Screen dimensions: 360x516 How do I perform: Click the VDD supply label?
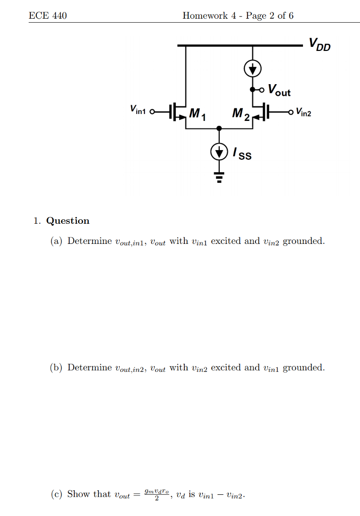pyautogui.click(x=320, y=44)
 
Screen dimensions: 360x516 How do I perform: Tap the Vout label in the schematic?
pyautogui.click(x=279, y=90)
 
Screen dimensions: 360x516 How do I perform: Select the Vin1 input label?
pyautogui.click(x=138, y=109)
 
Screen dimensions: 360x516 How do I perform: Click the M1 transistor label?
pyautogui.click(x=197, y=114)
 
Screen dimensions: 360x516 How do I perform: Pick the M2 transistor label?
pyautogui.click(x=241, y=114)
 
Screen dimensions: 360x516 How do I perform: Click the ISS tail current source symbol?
pyautogui.click(x=219, y=152)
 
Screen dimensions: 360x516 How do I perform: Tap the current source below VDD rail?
pyautogui.click(x=252, y=69)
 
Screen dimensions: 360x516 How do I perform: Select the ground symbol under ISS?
pyautogui.click(x=219, y=177)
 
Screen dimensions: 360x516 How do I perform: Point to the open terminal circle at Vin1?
pyautogui.click(x=152, y=111)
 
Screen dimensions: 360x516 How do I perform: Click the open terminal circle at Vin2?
pyautogui.click(x=290, y=112)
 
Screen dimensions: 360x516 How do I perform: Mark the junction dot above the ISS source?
pyautogui.click(x=219, y=128)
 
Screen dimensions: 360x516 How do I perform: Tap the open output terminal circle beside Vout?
pyautogui.click(x=262, y=90)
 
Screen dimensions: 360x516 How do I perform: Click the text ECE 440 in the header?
pyautogui.click(x=48, y=16)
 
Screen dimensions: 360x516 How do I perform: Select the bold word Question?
pyautogui.click(x=68, y=221)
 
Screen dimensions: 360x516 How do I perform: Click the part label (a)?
pyautogui.click(x=56, y=241)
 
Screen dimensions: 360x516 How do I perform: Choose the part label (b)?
pyautogui.click(x=56, y=367)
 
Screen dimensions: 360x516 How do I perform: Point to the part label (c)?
pyautogui.click(x=57, y=494)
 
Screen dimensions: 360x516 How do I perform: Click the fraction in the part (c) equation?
pyautogui.click(x=157, y=495)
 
